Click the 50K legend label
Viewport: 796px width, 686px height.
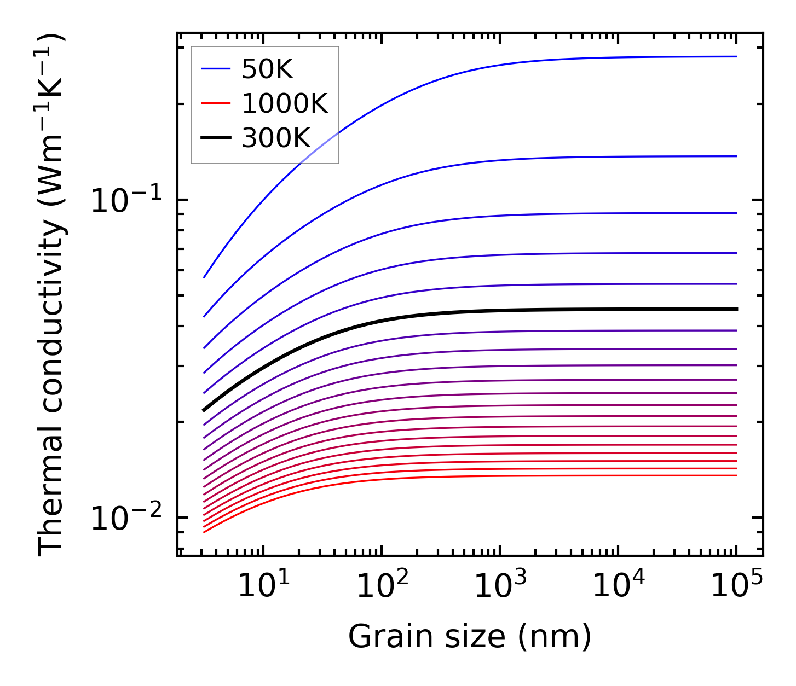pyautogui.click(x=267, y=69)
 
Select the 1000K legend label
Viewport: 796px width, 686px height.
pyautogui.click(x=285, y=103)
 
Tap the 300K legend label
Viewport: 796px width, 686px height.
pyautogui.click(x=276, y=138)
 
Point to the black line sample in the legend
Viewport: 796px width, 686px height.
pyautogui.click(x=216, y=138)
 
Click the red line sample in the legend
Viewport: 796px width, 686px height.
pyautogui.click(x=216, y=103)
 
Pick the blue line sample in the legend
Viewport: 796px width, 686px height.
pyautogui.click(x=216, y=69)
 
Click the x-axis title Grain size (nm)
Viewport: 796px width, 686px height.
pyautogui.click(x=470, y=637)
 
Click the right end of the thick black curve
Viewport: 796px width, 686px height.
pyautogui.click(x=737, y=309)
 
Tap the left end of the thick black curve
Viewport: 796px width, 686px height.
pyautogui.click(x=204, y=410)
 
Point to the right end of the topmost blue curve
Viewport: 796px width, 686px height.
pyautogui.click(x=737, y=56)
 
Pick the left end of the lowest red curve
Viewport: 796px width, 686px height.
pyautogui.click(x=204, y=532)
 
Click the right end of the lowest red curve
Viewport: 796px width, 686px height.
pyautogui.click(x=737, y=475)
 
